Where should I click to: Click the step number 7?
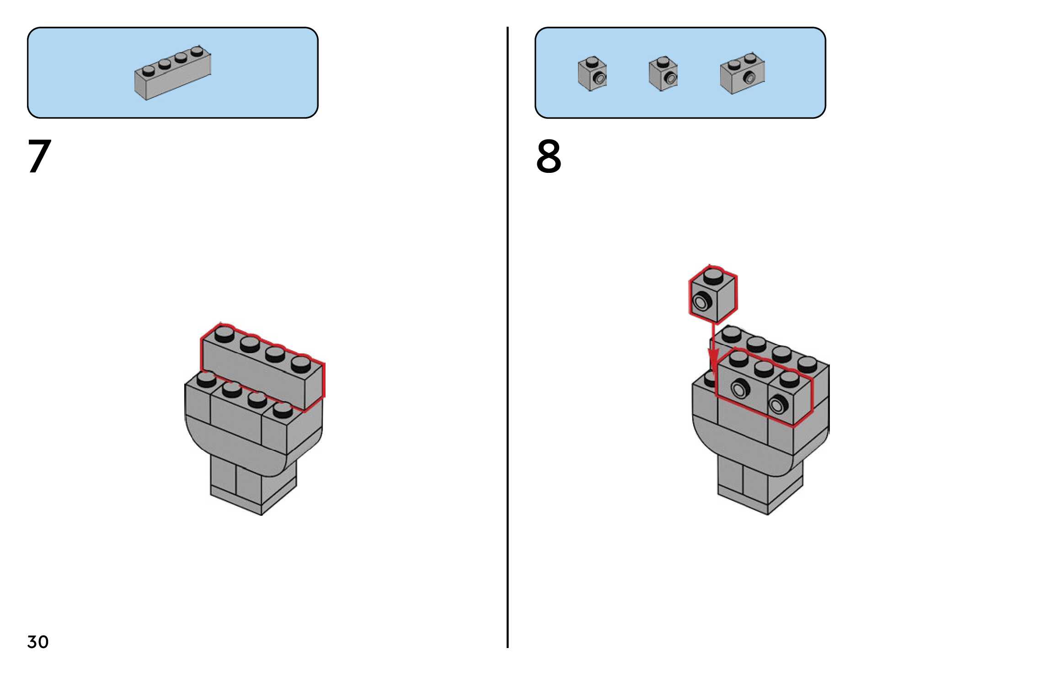39,156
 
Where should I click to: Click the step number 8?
548,156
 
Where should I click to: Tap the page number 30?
37,642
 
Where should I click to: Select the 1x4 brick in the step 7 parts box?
172,73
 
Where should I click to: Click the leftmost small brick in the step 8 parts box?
592,74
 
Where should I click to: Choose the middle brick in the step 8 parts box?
663,74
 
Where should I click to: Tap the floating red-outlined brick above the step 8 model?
713,295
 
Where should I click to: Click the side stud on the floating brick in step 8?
701,302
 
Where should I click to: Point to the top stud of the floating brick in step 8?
713,276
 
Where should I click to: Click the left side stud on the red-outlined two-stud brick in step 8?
740,389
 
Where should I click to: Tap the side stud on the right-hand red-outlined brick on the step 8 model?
778,404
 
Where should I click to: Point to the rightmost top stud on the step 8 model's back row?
807,364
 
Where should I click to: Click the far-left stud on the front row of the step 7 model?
206,379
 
